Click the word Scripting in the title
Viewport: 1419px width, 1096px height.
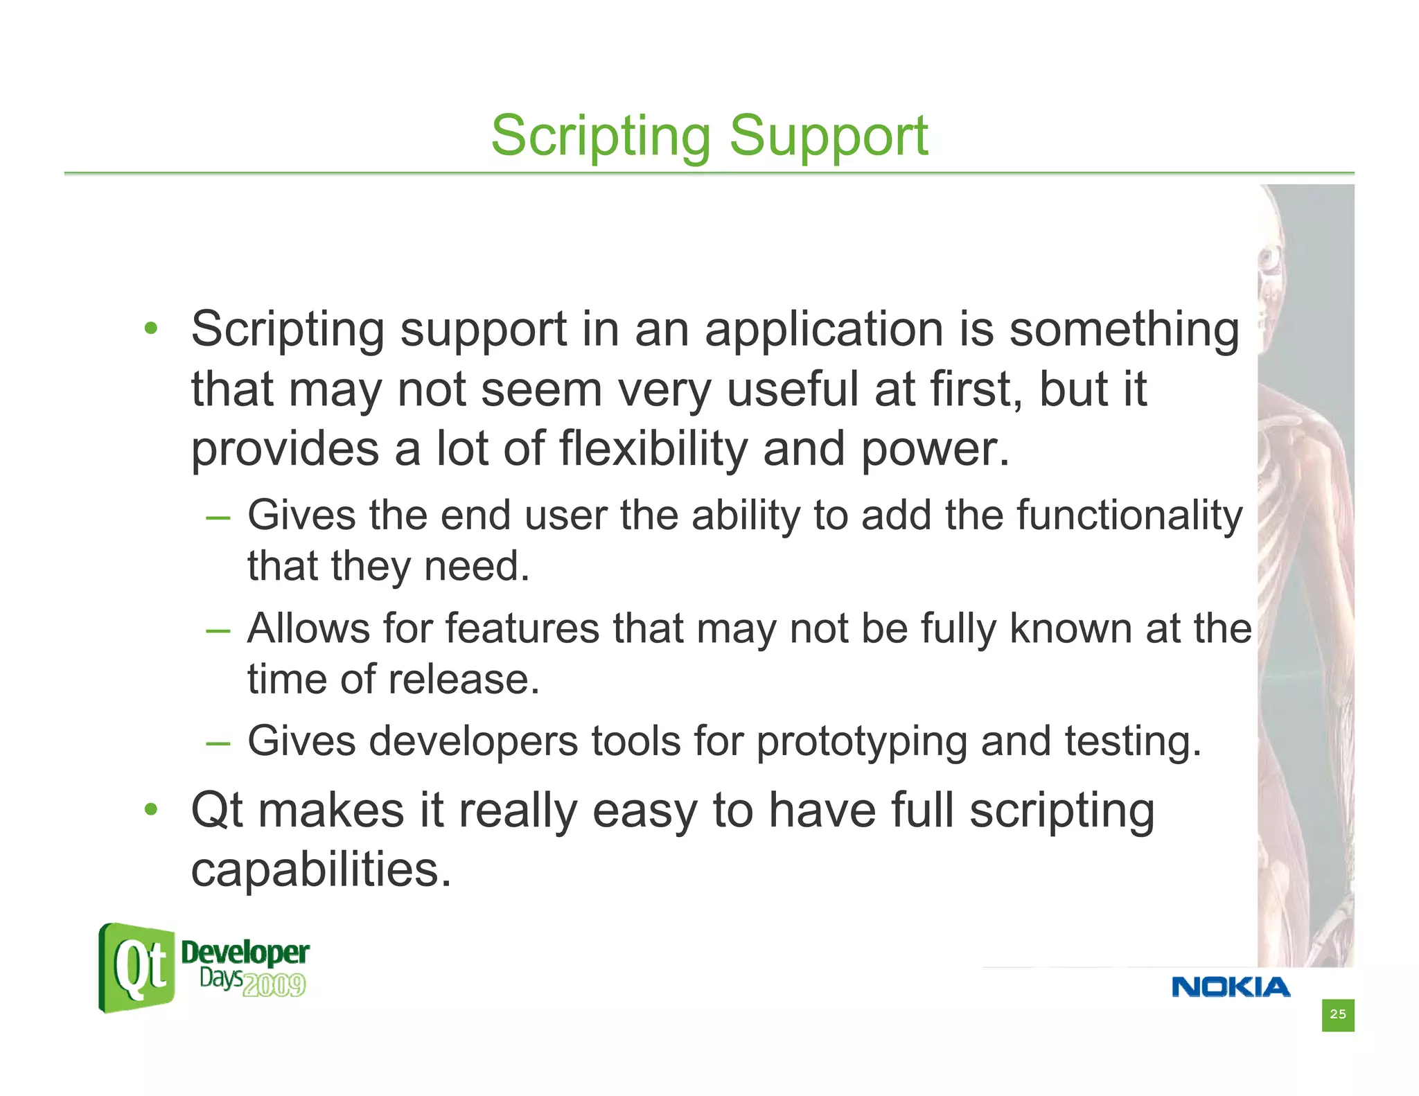tap(600, 136)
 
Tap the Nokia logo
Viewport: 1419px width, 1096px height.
tap(1231, 987)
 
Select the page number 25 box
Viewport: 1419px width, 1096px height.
tap(1337, 1014)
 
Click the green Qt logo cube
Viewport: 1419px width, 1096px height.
tap(137, 967)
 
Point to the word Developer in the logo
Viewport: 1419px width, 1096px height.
tap(245, 953)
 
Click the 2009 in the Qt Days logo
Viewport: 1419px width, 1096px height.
tap(274, 984)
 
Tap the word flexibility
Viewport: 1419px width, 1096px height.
tap(653, 449)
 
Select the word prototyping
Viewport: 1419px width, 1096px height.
tap(861, 742)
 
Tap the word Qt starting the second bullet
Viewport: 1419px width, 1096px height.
tap(216, 811)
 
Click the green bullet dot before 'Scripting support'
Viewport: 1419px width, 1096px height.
tap(151, 328)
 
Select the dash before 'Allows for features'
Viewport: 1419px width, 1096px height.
tap(218, 630)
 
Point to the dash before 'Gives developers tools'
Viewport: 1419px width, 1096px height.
tap(218, 743)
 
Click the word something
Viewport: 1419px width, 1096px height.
tap(1124, 330)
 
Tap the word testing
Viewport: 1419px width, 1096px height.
tap(1132, 742)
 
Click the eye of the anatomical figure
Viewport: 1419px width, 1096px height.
tap(1270, 260)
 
